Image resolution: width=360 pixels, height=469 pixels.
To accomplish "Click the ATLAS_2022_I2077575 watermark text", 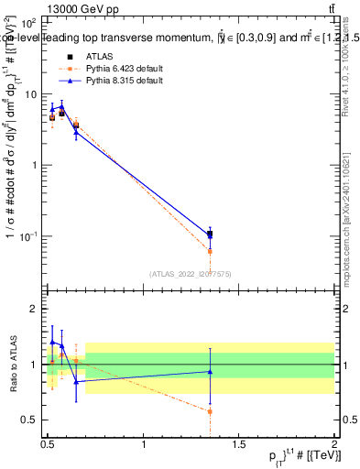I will (190, 272).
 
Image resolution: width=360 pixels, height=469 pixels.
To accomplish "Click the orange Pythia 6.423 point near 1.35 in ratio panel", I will (210, 411).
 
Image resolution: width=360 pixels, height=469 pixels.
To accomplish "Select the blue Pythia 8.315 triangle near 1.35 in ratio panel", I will (210, 371).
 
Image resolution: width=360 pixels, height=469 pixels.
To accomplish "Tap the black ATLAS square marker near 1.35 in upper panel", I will (210, 234).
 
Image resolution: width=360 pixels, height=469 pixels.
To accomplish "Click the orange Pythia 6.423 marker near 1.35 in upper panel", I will (210, 251).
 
